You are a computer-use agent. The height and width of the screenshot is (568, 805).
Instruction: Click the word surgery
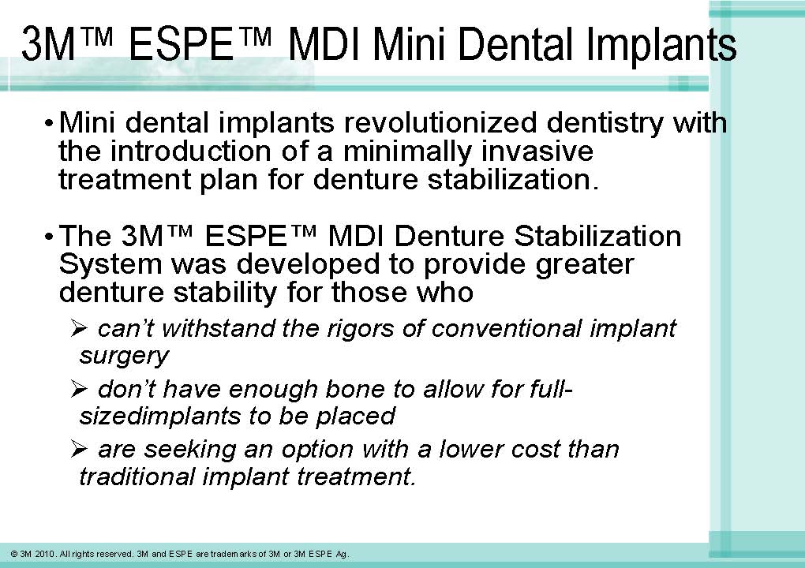[124, 356]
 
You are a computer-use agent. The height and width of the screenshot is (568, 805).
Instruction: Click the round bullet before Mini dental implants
[50, 125]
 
